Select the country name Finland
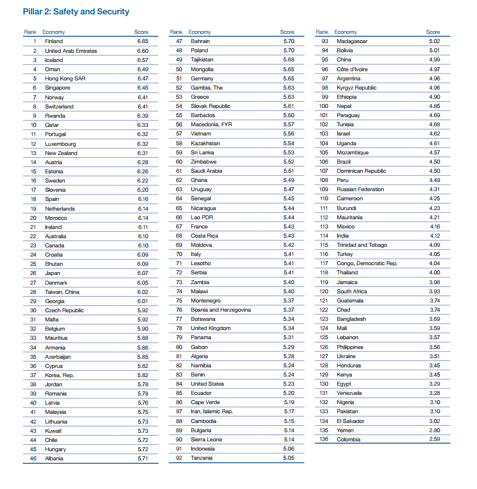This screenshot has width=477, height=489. coord(54,41)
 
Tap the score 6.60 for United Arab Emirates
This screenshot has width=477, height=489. coord(143,51)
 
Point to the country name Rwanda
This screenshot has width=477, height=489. coord(55,116)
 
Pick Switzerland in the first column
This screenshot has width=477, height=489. coord(59,107)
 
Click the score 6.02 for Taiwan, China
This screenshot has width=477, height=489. coord(143,292)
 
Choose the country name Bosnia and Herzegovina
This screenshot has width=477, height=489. coord(221,310)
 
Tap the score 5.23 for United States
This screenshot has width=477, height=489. coord(288,384)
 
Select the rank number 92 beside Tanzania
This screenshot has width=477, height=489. coord(179,458)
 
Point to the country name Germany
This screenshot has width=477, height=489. coord(202,79)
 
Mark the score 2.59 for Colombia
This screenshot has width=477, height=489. coord(434,440)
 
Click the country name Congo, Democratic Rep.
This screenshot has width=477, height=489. coord(367,263)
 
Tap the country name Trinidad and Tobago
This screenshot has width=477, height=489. coord(362,245)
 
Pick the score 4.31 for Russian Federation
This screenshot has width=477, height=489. coord(434,189)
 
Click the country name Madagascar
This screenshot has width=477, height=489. coord(352,41)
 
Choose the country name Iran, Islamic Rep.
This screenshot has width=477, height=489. coord(211,412)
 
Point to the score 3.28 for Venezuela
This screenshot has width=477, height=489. coord(434,393)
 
